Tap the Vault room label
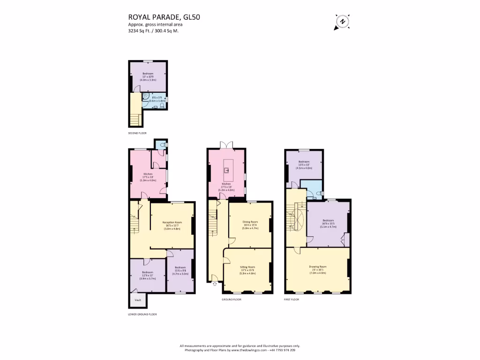coord(138,300)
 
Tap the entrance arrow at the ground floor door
coord(215,283)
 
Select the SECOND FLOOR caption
coord(137,133)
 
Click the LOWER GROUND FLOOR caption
coord(142,314)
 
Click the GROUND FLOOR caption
coord(231,299)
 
